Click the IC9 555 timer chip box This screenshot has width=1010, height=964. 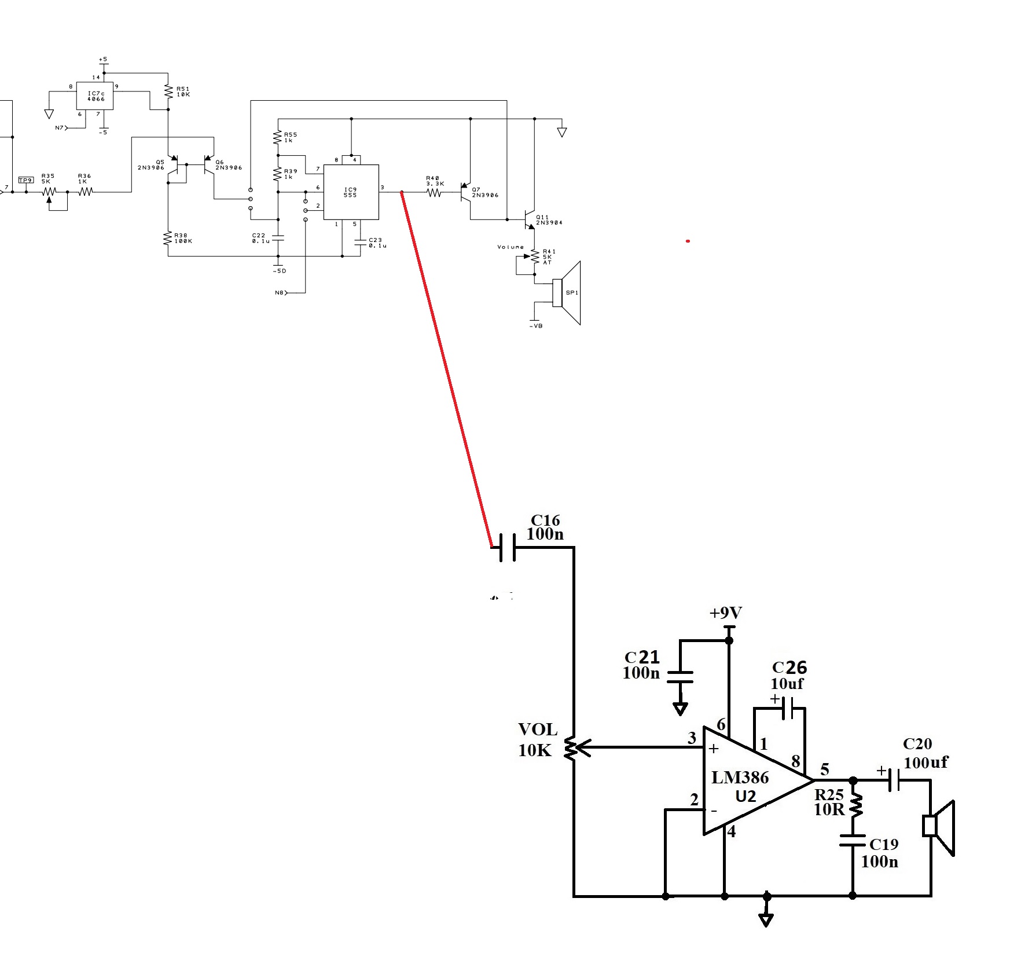pyautogui.click(x=351, y=192)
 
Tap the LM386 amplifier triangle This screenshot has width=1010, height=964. pyautogui.click(x=747, y=782)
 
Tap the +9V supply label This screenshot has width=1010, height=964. pyautogui.click(x=725, y=613)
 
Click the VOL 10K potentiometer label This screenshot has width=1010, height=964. pyautogui.click(x=537, y=740)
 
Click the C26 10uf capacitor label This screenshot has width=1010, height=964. pyautogui.click(x=788, y=675)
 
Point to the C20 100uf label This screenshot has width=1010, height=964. pyautogui.click(x=924, y=753)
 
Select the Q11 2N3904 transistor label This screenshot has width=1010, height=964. pyautogui.click(x=548, y=220)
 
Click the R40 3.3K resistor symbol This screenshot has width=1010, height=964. pyautogui.click(x=435, y=193)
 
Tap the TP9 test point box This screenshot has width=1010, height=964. pyautogui.click(x=25, y=180)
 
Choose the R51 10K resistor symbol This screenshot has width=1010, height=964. pyautogui.click(x=168, y=92)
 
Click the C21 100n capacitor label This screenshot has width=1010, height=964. pyautogui.click(x=641, y=665)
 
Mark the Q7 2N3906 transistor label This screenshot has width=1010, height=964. pyautogui.click(x=484, y=192)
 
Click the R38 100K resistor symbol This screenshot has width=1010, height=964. pyautogui.click(x=168, y=238)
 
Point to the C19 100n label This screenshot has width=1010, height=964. pyautogui.click(x=880, y=852)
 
